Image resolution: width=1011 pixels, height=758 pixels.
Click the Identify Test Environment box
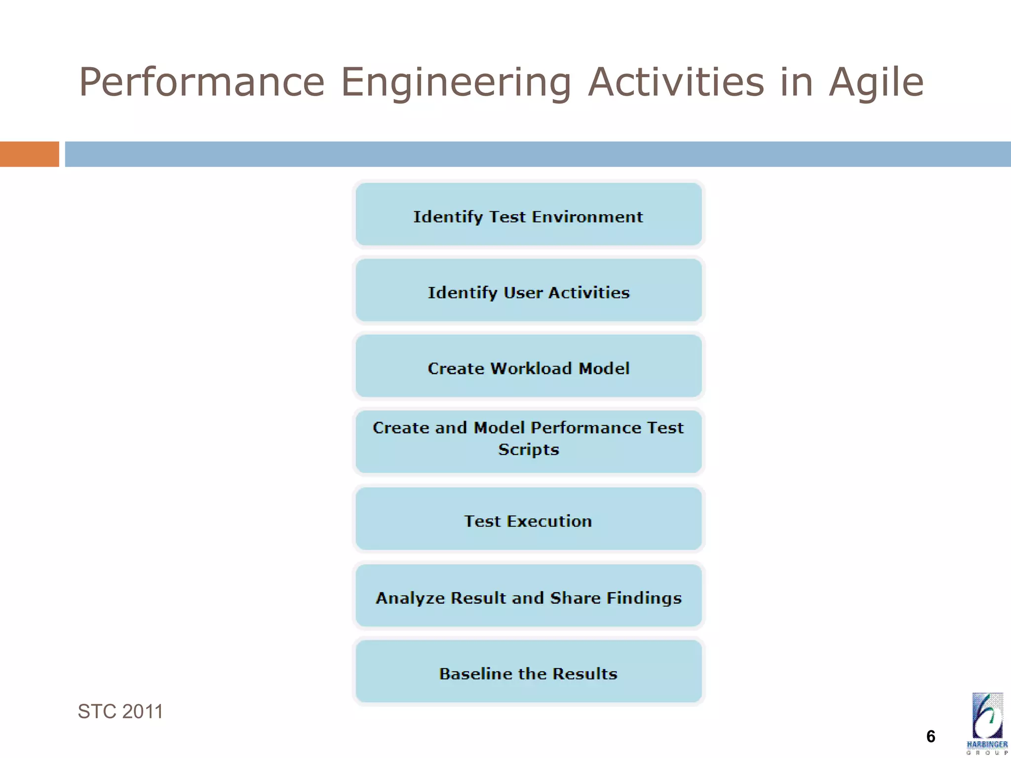coord(528,215)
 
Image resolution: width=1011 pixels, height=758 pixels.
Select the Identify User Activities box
coord(528,291)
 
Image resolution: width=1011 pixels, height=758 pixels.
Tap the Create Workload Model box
coord(528,367)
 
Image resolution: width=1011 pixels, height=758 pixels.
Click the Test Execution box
coord(528,519)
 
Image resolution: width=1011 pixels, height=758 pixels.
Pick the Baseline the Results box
coord(528,672)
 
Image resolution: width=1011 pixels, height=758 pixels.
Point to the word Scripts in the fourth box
coord(528,450)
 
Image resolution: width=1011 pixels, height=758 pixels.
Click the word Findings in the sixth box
coord(644,598)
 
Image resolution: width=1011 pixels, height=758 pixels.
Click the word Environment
coord(587,217)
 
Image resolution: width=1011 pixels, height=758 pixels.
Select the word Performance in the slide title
coord(202,82)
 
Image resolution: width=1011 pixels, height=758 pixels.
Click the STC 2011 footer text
coord(120,712)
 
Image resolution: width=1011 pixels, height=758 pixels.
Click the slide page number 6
coord(931,737)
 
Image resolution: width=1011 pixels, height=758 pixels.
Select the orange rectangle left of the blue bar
coord(29,154)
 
